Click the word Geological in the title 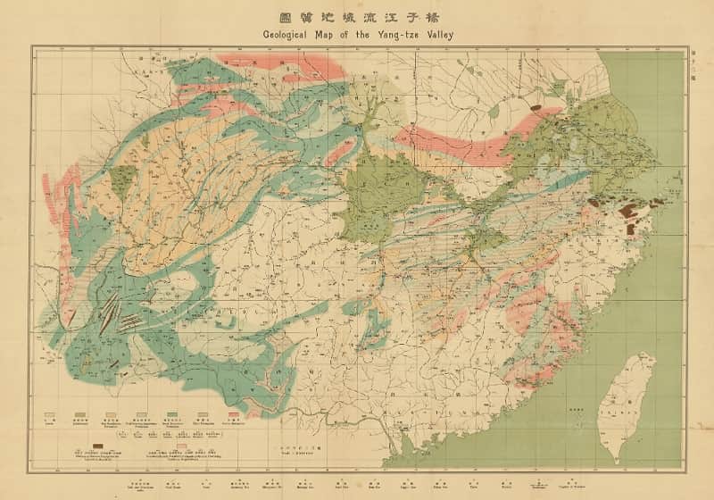292,35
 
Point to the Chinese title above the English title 357,17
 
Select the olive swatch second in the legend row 79,415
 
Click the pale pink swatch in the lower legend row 182,444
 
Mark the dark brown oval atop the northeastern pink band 537,108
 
